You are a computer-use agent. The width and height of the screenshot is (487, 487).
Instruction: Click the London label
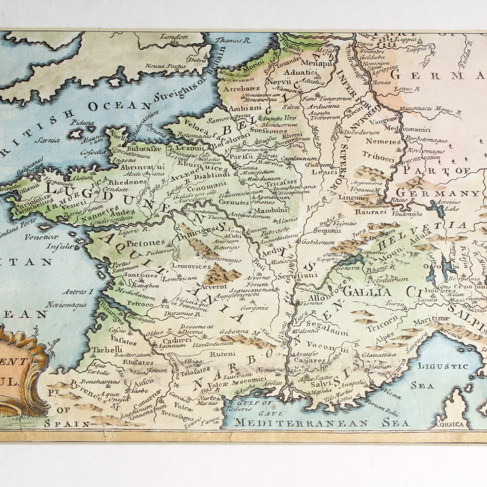click(x=173, y=37)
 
